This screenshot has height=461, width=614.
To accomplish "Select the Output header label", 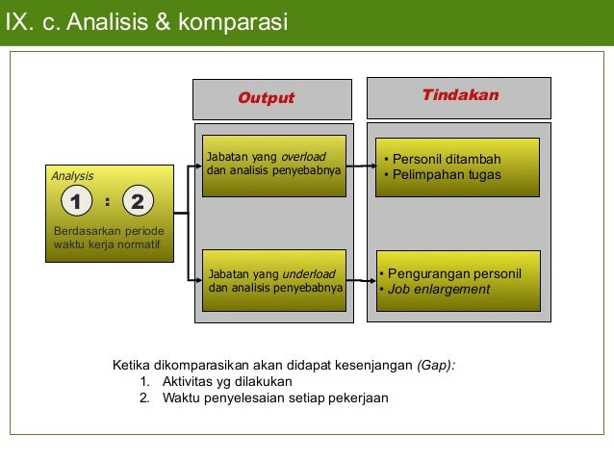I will (266, 98).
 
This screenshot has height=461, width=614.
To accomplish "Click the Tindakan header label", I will (460, 95).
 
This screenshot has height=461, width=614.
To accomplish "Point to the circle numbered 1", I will (74, 202).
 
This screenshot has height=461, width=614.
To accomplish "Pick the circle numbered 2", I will (138, 202).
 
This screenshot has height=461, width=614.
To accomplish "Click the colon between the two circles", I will (106, 202).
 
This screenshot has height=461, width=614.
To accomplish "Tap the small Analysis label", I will (72, 176).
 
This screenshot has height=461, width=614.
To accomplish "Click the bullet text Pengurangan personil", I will (453, 273).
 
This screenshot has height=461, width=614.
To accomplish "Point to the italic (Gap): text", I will (436, 366).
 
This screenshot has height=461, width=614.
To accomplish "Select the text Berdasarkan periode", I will (109, 233).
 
